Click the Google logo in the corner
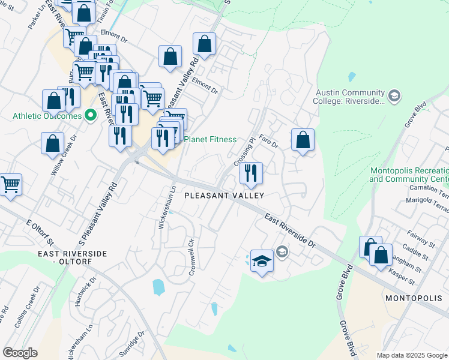point(20,353)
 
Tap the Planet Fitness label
point(209,139)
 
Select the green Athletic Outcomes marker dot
point(91,115)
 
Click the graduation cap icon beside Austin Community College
point(394,95)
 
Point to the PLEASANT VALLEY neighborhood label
point(224,196)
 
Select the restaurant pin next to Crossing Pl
point(251,173)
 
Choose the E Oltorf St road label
point(40,233)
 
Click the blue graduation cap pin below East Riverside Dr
point(262,261)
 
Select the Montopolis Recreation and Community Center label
point(409,175)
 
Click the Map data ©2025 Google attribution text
point(412,355)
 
